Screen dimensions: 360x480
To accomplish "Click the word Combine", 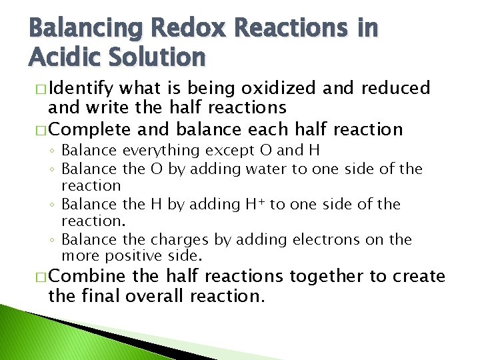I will pos(87,277).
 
